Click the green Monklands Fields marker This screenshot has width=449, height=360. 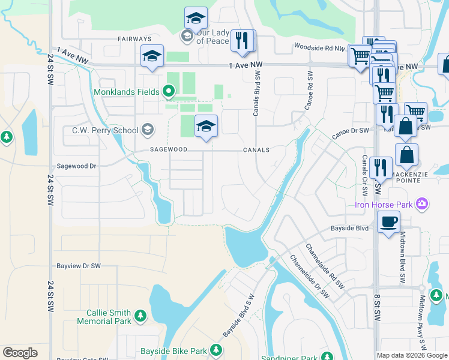pyautogui.click(x=169, y=92)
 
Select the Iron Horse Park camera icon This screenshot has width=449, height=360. pyautogui.click(x=423, y=205)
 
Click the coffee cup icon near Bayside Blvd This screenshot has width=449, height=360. pyautogui.click(x=388, y=221)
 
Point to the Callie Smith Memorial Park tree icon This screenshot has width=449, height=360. pyautogui.click(x=140, y=315)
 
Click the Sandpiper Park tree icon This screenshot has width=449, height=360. pyautogui.click(x=327, y=358)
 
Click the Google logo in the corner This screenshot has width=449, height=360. pyautogui.click(x=20, y=353)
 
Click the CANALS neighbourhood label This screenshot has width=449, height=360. pyautogui.click(x=256, y=150)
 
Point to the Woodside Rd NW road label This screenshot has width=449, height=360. pyautogui.click(x=319, y=47)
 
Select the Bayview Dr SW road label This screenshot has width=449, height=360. pyautogui.click(x=78, y=265)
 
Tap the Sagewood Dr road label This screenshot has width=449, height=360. pyautogui.click(x=76, y=166)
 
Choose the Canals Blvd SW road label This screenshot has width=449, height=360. pyautogui.click(x=257, y=94)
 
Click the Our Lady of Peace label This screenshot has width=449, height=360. pyautogui.click(x=208, y=37)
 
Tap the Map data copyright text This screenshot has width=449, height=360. pyautogui.click(x=412, y=355)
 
